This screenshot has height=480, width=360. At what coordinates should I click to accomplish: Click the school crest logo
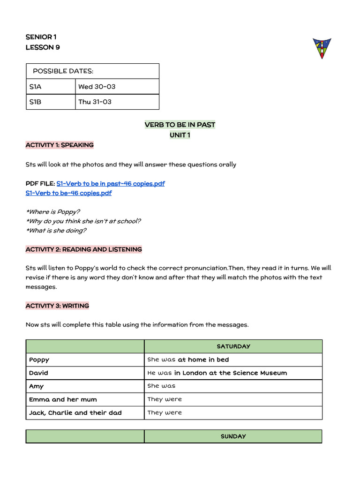pyautogui.click(x=322, y=48)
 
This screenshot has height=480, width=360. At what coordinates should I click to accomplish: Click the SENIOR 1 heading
pyautogui.click(x=41, y=37)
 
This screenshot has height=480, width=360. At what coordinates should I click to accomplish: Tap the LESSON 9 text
pyautogui.click(x=43, y=47)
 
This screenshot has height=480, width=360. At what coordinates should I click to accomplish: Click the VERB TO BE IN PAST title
pyautogui.click(x=180, y=125)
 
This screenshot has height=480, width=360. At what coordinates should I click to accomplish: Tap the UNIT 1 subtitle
pyautogui.click(x=180, y=135)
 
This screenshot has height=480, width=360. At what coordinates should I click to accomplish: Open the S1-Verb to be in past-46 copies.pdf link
pyautogui.click(x=111, y=183)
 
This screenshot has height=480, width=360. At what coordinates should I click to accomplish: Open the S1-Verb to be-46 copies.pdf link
pyautogui.click(x=69, y=193)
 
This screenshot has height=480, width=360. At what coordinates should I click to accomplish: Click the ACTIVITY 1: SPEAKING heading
pyautogui.click(x=60, y=145)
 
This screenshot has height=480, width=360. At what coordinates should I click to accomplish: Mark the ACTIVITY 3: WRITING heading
pyautogui.click(x=57, y=306)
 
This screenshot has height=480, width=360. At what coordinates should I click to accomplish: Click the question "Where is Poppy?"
pyautogui.click(x=52, y=212)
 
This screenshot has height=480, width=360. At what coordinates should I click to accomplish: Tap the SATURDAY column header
pyautogui.click(x=233, y=346)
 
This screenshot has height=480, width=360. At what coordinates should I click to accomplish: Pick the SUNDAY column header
pyautogui.click(x=233, y=436)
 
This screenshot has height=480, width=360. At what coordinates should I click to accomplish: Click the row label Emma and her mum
pyautogui.click(x=63, y=399)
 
